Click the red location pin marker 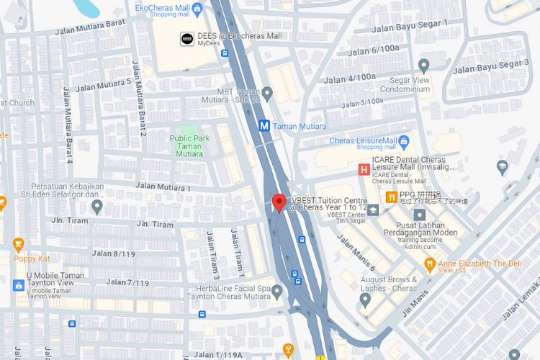(279, 202)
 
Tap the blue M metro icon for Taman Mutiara (264, 125)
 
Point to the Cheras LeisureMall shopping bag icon (404, 140)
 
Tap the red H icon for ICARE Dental (364, 170)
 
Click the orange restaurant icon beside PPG (391, 197)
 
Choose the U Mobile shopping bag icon (19, 286)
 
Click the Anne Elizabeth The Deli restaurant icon (430, 264)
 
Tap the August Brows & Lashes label (395, 283)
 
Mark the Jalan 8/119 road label (114, 253)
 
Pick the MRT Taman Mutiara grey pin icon (267, 93)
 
